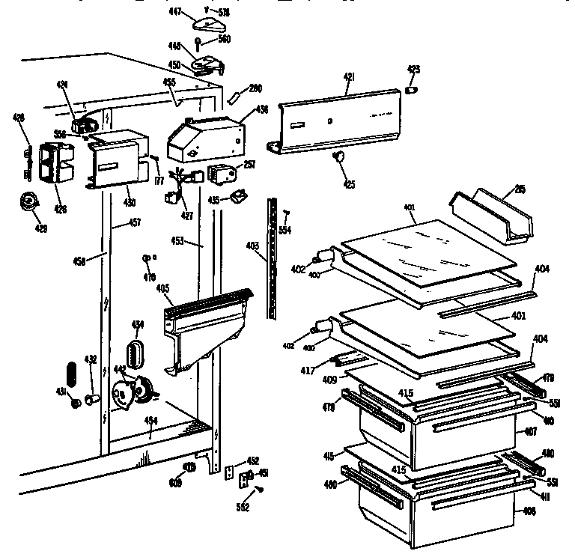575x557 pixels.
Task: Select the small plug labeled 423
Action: (411, 90)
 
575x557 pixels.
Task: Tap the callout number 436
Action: (262, 109)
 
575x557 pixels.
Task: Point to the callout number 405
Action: (162, 287)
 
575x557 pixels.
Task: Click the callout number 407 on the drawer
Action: (531, 431)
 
